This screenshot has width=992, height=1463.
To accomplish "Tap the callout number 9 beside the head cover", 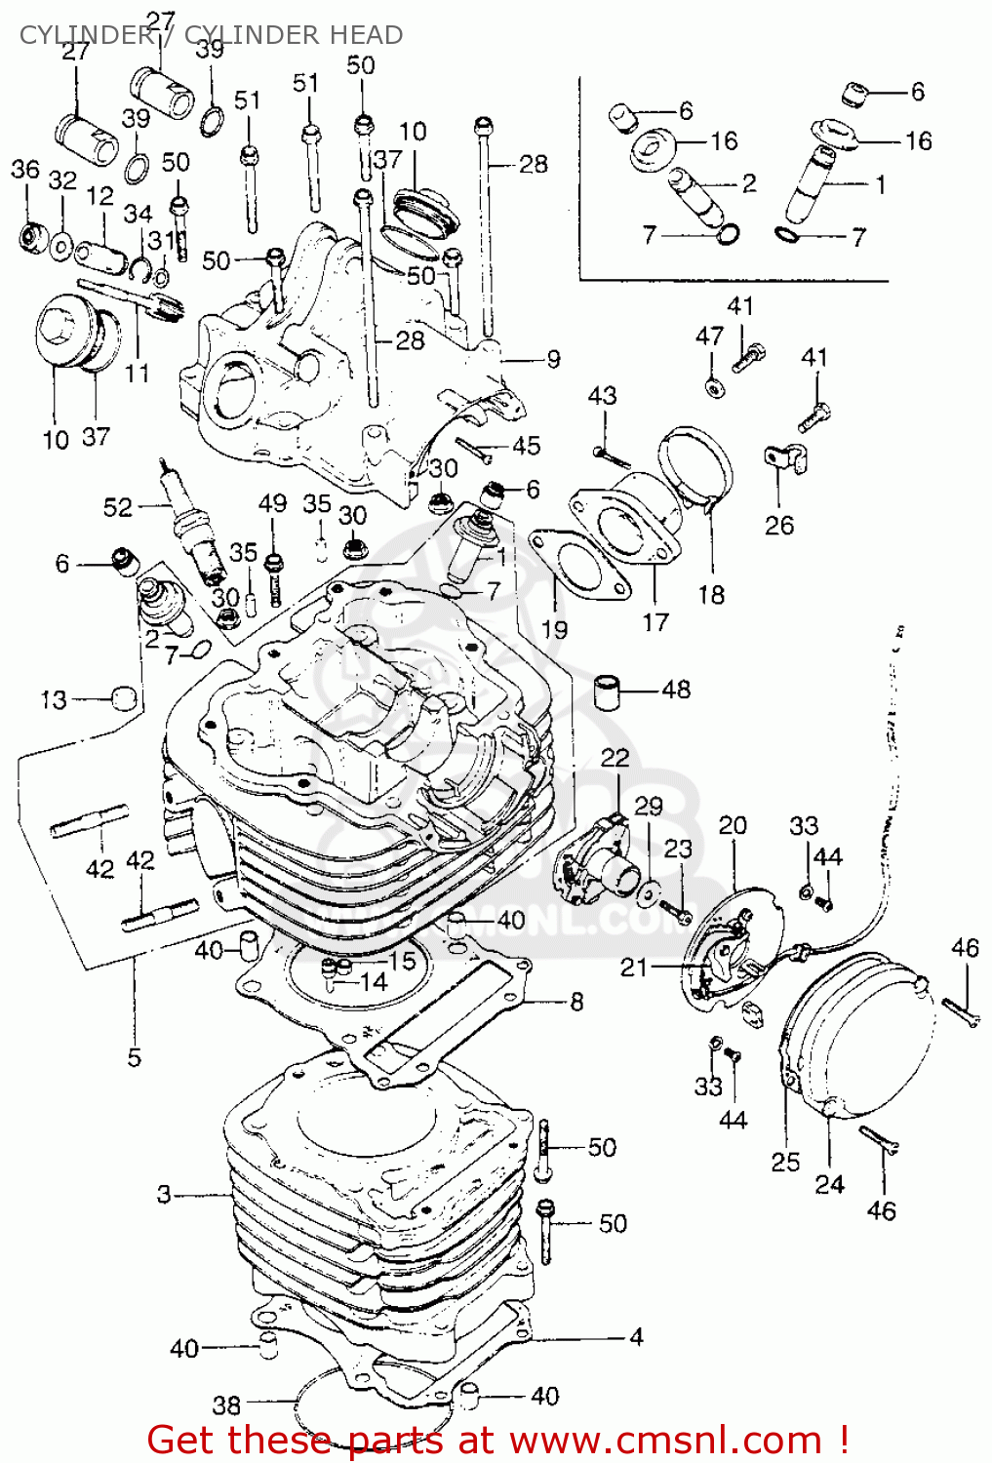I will coord(553,359).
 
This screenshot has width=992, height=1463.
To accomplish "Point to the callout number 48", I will coord(675,690).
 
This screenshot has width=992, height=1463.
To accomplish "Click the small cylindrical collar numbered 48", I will coord(609,692).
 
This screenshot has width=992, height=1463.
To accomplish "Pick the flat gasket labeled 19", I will coord(576,565).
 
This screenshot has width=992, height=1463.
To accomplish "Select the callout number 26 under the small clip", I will coord(778,526).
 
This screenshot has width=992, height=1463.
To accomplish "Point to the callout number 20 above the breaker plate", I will coord(733,826).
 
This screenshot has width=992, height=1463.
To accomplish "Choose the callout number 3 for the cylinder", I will coord(164,1194).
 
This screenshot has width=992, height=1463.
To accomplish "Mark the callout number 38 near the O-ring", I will coord(226,1404).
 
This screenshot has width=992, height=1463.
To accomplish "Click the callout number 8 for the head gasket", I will coord(576,1002).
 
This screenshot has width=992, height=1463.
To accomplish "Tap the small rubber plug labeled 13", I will coord(124,698).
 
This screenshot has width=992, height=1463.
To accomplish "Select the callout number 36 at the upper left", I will coord(25,170).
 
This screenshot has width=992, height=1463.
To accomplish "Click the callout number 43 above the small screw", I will coord(602,396).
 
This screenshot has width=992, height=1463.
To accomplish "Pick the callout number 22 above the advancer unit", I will coord(615,758).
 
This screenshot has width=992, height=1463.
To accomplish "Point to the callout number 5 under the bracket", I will coord(134,1057).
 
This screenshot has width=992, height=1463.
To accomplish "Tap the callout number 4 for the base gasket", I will coord(636,1336).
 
